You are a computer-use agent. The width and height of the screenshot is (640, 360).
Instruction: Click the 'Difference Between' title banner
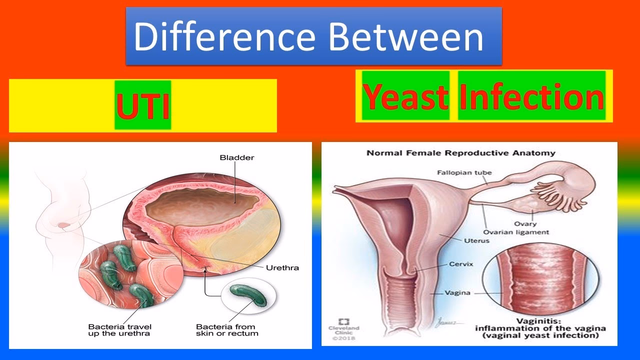coord(313,36)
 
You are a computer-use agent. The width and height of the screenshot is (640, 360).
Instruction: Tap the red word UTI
coord(142,105)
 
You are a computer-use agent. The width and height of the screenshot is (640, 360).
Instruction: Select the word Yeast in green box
coord(405,96)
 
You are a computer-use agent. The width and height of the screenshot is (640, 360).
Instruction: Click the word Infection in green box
coord(531,96)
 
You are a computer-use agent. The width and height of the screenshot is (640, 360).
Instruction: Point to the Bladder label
coord(237,157)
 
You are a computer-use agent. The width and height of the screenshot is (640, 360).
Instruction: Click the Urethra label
coord(282,267)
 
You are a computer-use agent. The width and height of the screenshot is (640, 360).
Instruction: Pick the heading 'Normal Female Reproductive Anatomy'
coord(460,153)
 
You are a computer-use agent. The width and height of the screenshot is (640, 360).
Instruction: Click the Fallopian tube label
coord(464,172)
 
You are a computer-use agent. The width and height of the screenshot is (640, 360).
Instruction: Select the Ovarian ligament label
coord(515,232)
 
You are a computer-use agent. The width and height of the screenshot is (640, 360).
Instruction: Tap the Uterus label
coord(477,240)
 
